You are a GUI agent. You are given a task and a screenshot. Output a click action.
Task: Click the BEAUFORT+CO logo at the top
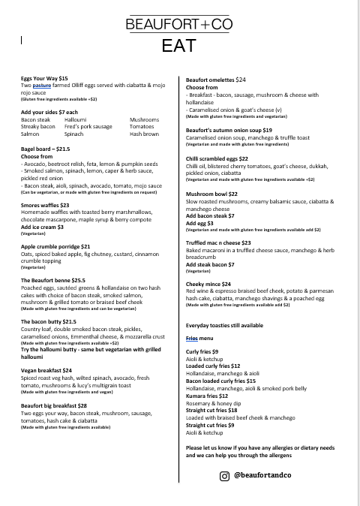pos(179,24)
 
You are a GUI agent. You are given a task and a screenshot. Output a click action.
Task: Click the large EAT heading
pos(179,46)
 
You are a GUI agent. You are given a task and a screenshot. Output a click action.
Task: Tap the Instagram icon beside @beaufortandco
pos(223,476)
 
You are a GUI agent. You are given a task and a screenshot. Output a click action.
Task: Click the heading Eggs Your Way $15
pos(44,78)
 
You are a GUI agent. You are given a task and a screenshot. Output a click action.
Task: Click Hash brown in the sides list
pos(144,134)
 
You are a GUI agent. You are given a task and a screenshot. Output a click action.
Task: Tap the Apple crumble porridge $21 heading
pos(55,246)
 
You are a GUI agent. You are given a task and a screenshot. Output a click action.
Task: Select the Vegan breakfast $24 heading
pos(46,370)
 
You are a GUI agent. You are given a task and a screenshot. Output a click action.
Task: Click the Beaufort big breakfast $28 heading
pos(58,405)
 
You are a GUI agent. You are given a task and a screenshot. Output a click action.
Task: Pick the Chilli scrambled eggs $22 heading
pos(217,159)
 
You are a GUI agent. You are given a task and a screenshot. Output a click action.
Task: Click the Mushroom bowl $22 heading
pos(213,194)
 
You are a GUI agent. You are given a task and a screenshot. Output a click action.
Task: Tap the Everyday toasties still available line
pos(224,326)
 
